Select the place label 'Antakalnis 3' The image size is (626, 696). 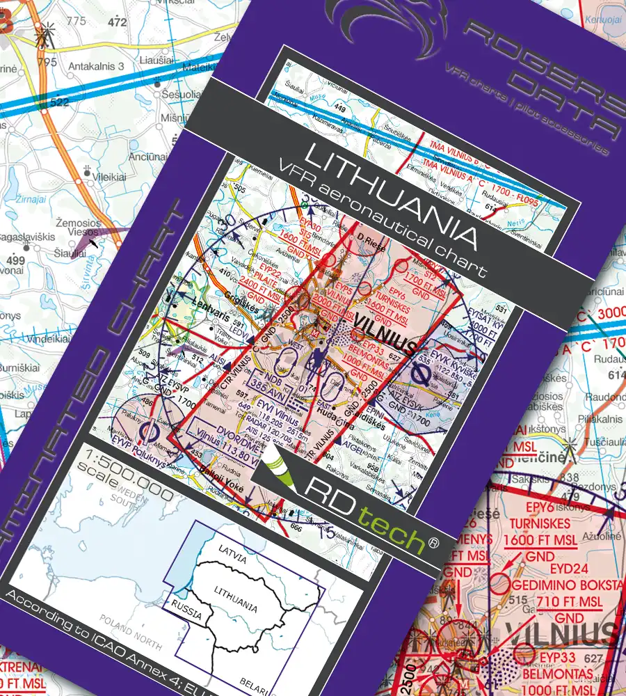(97, 67)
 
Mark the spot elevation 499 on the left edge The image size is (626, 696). (15, 261)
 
